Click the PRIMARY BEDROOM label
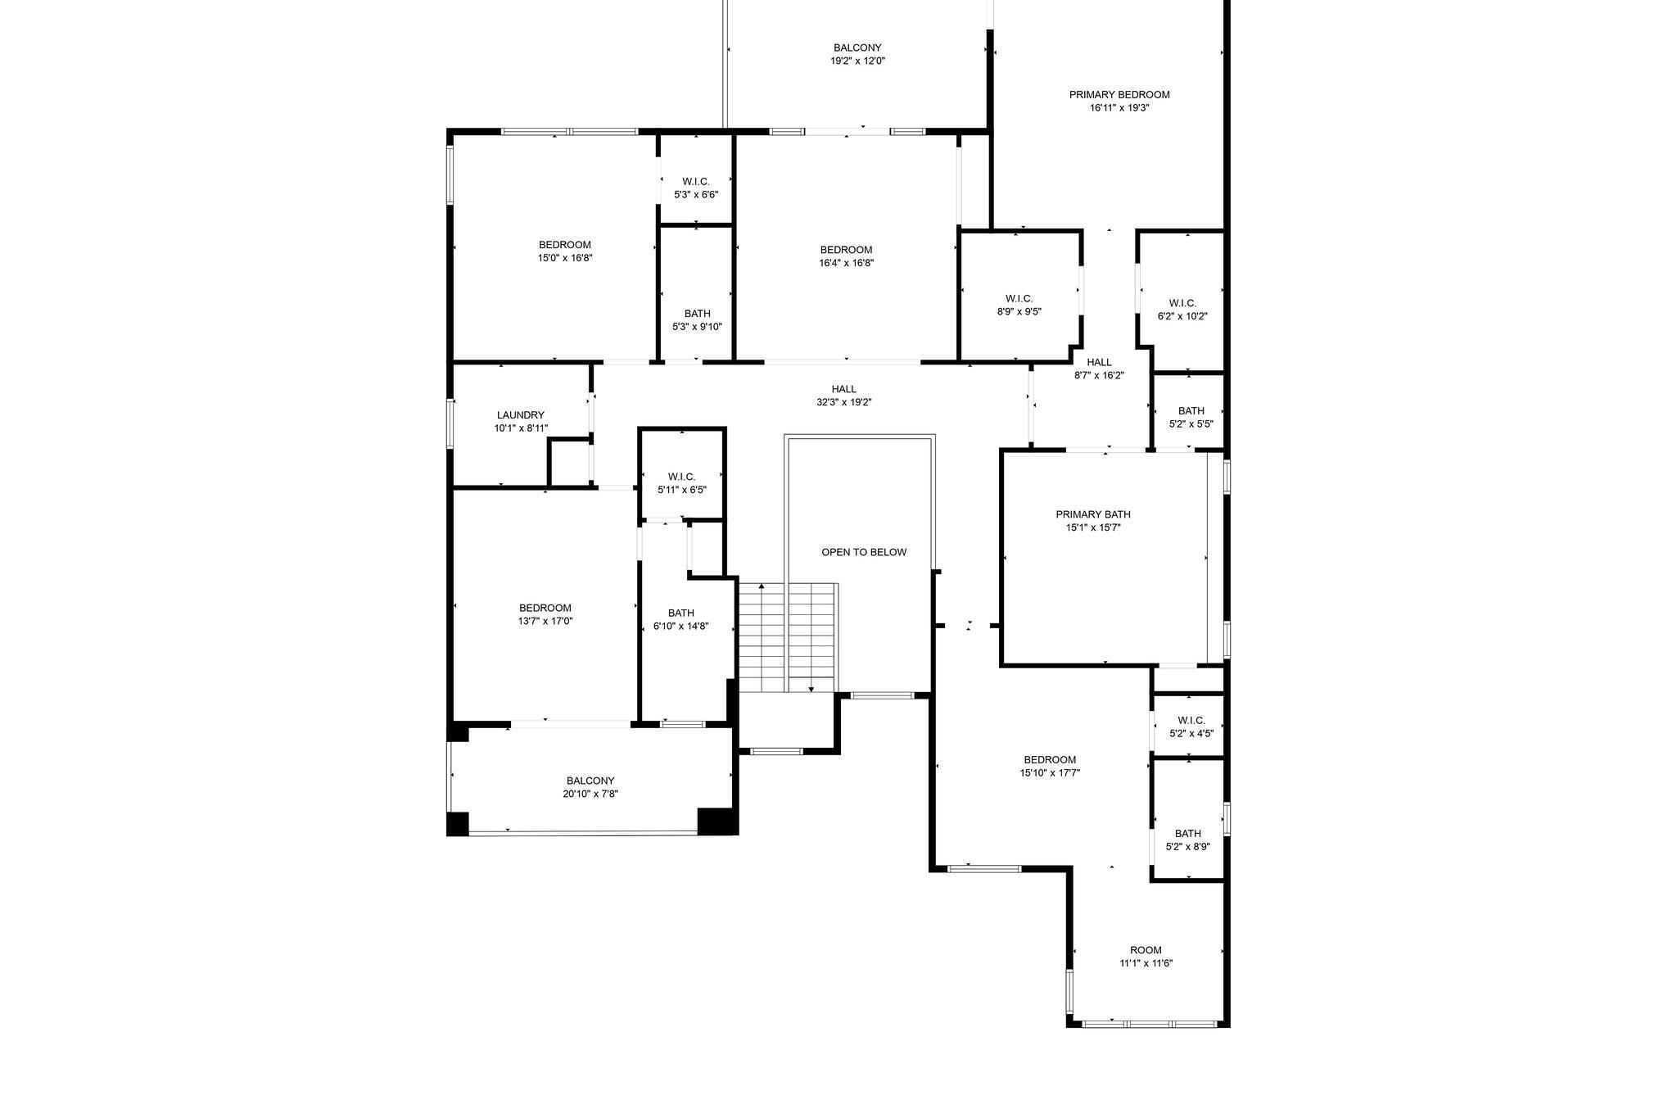[1119, 94]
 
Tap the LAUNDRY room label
[520, 415]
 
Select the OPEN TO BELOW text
[864, 552]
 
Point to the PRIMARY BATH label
[1093, 514]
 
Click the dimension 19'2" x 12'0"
[857, 61]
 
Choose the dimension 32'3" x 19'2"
[843, 402]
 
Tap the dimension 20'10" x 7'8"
[590, 794]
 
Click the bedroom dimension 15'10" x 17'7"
[1050, 772]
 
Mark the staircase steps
[787, 637]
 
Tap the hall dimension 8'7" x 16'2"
[1099, 376]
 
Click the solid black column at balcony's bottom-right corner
[717, 822]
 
